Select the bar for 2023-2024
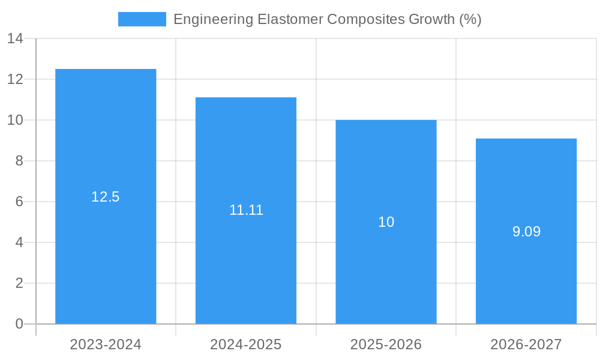coord(106,240)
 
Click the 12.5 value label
coord(106,197)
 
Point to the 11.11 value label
coord(246,210)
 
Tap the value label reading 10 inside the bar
coord(386,222)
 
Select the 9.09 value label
coord(526,232)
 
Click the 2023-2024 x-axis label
coord(106,344)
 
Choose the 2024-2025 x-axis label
coord(246,344)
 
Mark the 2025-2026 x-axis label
coord(386,344)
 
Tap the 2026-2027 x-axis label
coord(526,344)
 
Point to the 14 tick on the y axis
coord(15,39)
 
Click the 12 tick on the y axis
coord(15,80)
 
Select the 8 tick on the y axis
coord(19,161)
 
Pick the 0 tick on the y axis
coord(19,324)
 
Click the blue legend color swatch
coord(142,19)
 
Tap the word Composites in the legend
coord(365,19)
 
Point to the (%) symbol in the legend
coord(470,19)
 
